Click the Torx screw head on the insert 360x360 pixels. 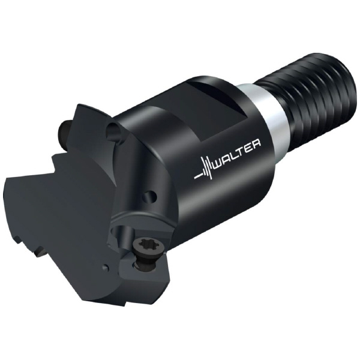(x=143, y=245)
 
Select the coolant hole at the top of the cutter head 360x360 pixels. (x=114, y=130)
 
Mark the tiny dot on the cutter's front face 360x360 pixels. (x=106, y=268)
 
